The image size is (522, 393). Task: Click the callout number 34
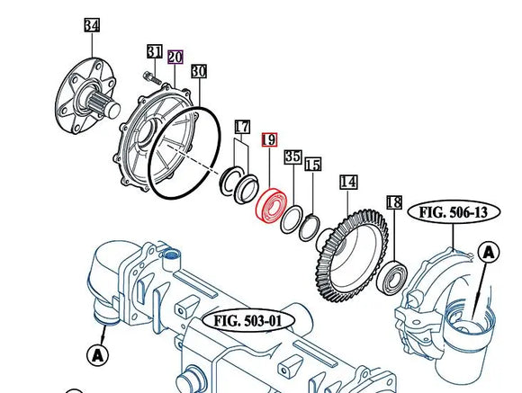92,25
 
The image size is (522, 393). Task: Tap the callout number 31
155,51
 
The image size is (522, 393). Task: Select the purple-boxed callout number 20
175,58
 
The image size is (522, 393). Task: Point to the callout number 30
199,71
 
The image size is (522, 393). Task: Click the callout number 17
242,127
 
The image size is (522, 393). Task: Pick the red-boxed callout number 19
269,139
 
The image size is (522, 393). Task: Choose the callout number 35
293,156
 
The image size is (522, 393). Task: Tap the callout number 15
313,165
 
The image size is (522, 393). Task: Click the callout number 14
348,182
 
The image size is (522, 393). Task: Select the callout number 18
394,202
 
